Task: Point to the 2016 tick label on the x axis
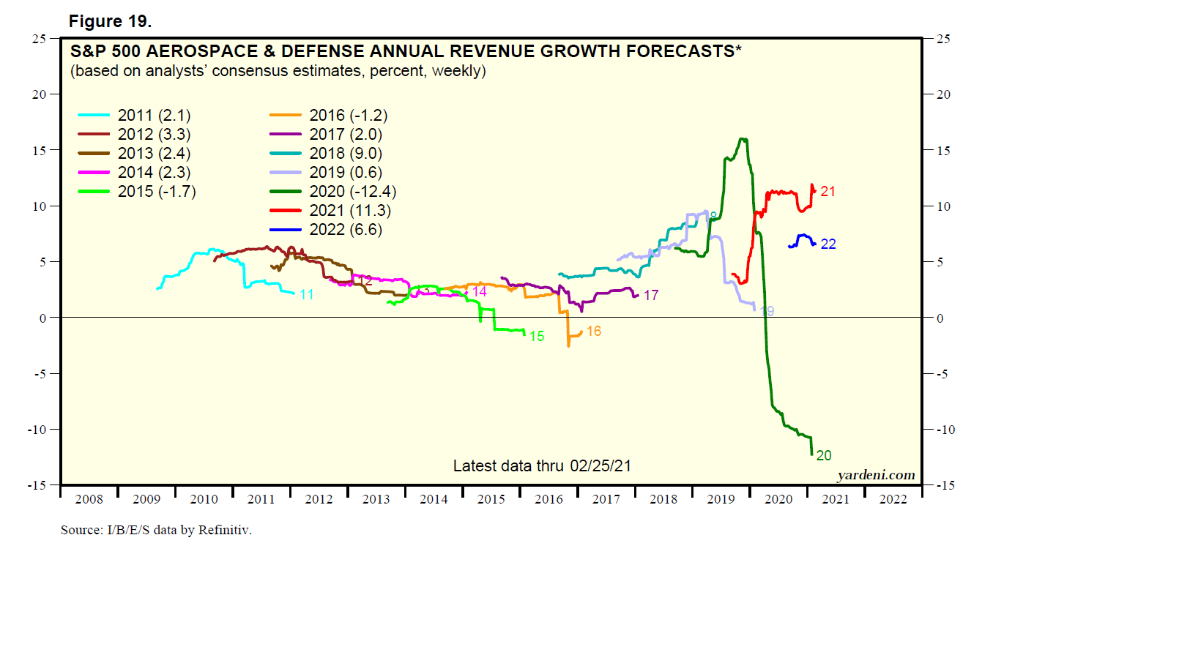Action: tap(548, 499)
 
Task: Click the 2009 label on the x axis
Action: tap(146, 499)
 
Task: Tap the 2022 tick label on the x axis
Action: tap(893, 499)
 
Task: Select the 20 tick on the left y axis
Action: tap(39, 94)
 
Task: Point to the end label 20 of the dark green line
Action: tap(824, 456)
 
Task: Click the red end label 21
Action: tap(828, 192)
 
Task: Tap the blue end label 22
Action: tap(828, 244)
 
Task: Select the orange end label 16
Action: tap(594, 332)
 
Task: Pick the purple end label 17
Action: tap(651, 296)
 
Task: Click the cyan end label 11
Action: tap(307, 295)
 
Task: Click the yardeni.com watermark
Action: tap(876, 475)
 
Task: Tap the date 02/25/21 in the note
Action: tap(600, 466)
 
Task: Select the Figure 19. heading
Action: tap(111, 21)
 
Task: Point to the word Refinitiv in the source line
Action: tap(224, 530)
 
